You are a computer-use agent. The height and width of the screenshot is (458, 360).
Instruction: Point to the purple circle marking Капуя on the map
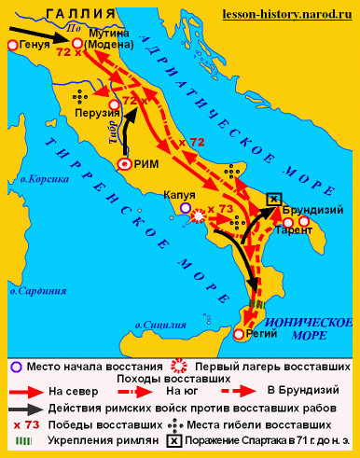click(185, 209)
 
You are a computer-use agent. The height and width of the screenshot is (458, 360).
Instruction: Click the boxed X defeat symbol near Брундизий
click(273, 199)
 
